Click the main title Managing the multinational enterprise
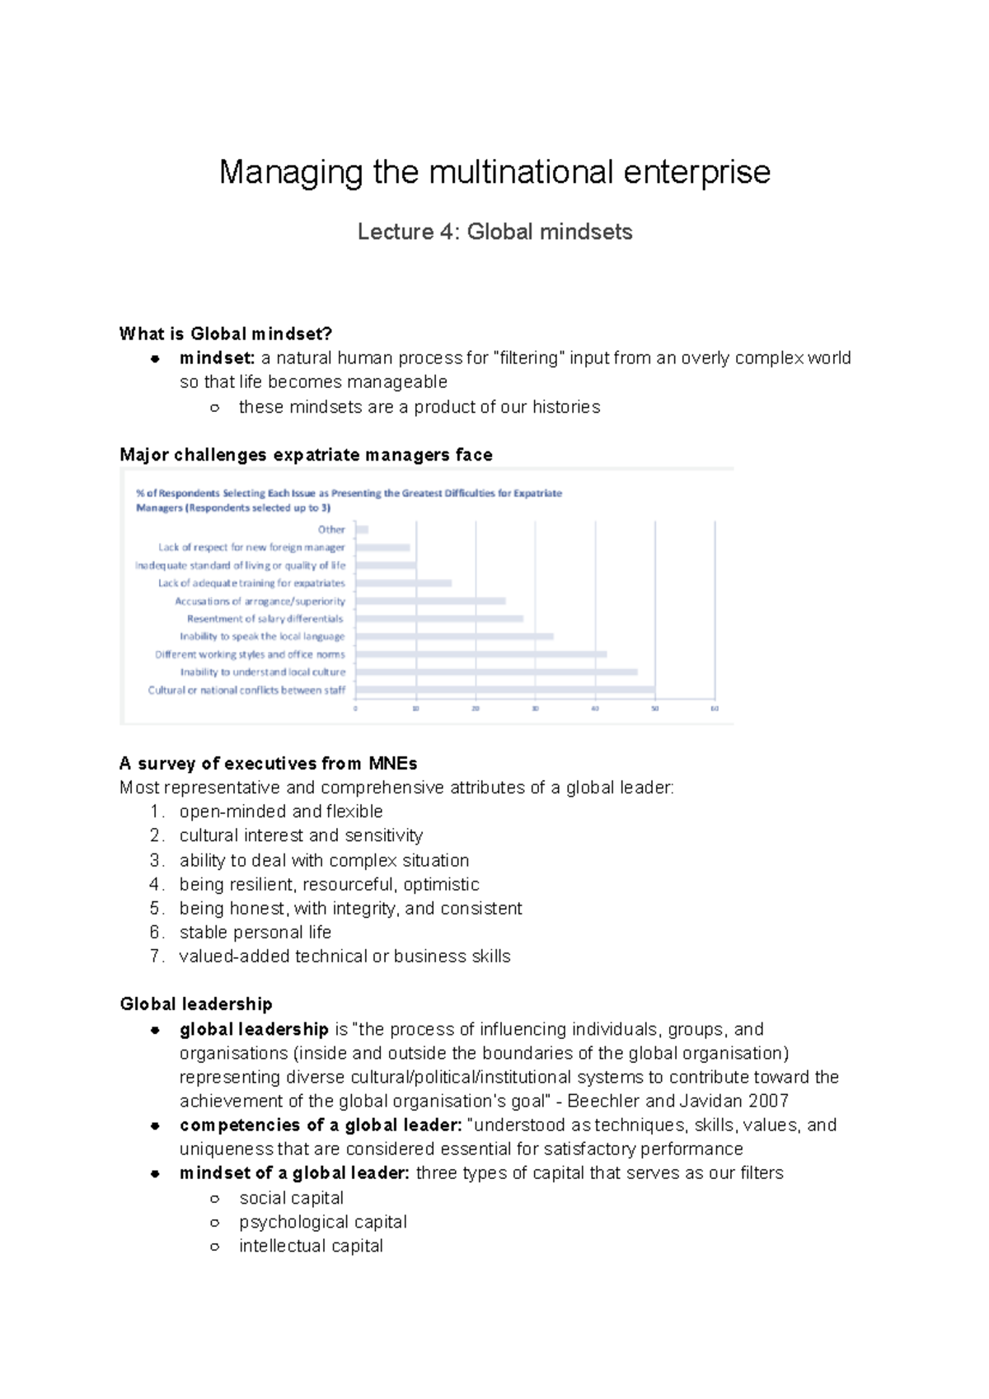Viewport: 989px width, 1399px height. click(494, 172)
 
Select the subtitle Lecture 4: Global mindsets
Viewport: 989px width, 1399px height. click(494, 232)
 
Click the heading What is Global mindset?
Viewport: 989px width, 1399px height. click(225, 334)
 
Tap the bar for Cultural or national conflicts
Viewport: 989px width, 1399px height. click(504, 690)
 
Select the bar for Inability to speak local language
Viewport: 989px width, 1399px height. click(454, 636)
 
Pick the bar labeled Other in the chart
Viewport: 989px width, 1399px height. click(362, 530)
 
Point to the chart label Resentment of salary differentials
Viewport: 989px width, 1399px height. click(265, 619)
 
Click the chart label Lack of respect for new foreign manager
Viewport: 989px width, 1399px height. click(251, 547)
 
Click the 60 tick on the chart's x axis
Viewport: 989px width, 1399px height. click(715, 709)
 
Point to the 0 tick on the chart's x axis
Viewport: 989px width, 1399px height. click(355, 709)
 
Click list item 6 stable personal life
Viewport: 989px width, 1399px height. click(255, 932)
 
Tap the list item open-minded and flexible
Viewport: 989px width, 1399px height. click(280, 812)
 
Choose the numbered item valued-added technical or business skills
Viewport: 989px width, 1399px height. click(345, 956)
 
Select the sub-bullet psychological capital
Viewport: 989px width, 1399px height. click(322, 1222)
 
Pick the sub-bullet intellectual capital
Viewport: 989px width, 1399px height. click(311, 1246)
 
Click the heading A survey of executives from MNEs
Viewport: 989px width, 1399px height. click(268, 763)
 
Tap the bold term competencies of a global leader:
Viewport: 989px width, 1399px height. click(320, 1125)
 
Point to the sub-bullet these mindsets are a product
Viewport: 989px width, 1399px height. click(419, 407)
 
